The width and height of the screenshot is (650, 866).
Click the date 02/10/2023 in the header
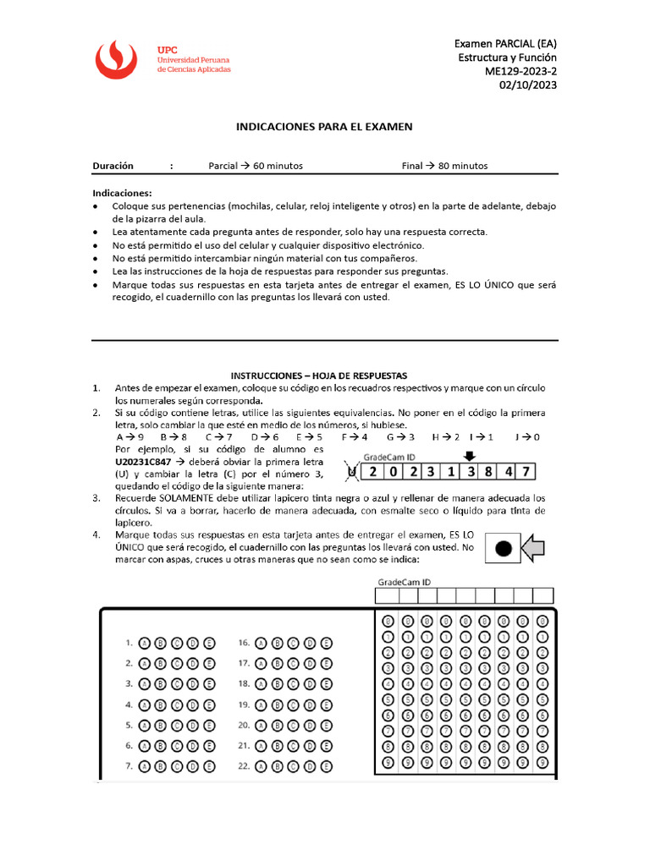click(x=528, y=85)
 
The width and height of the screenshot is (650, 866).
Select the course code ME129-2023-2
click(x=521, y=71)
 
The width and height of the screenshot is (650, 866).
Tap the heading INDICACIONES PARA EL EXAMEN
click(x=324, y=127)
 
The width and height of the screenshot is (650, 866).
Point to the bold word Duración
click(x=113, y=166)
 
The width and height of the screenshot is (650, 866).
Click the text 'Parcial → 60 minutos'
click(x=256, y=166)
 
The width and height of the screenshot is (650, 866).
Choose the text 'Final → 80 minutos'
click(x=444, y=166)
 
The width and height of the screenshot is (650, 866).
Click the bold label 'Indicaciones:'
click(x=122, y=193)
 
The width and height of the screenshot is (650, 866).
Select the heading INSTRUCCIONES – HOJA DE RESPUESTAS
click(x=319, y=375)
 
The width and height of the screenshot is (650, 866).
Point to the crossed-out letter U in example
click(x=353, y=472)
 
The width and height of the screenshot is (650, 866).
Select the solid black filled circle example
click(x=503, y=548)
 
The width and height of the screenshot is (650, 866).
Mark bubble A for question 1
click(x=143, y=643)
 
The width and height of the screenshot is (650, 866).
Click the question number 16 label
click(x=244, y=643)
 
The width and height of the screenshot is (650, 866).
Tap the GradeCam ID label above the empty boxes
click(x=403, y=582)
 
